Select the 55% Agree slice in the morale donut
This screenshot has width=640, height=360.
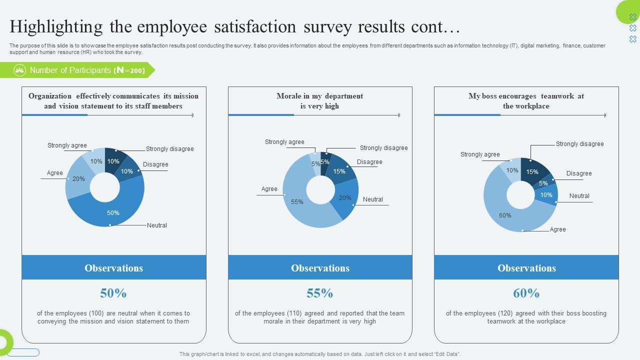click(x=297, y=202)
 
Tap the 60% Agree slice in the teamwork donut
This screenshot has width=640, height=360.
click(x=505, y=215)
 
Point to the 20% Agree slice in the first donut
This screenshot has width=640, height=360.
click(x=78, y=178)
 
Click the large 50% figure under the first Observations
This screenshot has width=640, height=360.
click(x=113, y=293)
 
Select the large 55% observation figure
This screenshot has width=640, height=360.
click(x=320, y=293)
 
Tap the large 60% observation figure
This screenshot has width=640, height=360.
click(x=526, y=293)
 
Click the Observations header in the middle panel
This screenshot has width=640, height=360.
click(x=320, y=268)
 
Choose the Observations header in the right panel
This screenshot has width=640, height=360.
click(x=526, y=268)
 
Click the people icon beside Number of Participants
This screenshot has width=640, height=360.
click(x=19, y=70)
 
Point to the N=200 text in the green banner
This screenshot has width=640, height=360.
click(x=129, y=70)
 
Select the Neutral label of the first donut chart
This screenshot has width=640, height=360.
click(x=157, y=225)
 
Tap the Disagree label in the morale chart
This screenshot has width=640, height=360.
click(x=369, y=162)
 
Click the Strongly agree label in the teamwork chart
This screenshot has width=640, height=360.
click(x=480, y=154)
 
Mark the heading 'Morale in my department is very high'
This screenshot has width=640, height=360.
click(x=320, y=101)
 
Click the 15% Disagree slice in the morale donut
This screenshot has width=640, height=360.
click(x=340, y=170)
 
